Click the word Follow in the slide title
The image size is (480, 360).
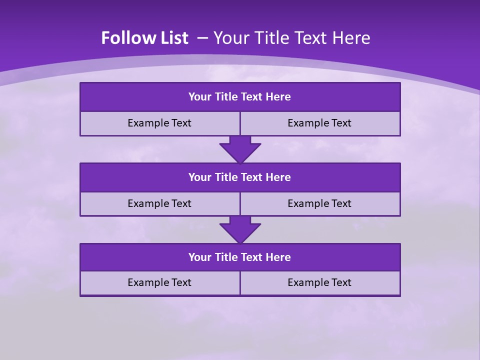click(x=125, y=38)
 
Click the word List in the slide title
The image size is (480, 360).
click(x=171, y=38)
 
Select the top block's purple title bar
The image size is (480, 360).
click(x=240, y=97)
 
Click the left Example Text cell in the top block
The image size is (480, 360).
click(x=159, y=123)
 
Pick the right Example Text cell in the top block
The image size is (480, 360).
click(x=319, y=123)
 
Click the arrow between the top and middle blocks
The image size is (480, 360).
click(x=240, y=149)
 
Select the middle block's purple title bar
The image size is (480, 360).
click(x=240, y=177)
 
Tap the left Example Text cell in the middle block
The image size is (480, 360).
click(x=159, y=203)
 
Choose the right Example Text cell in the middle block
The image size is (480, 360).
click(x=319, y=203)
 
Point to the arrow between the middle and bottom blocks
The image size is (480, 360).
click(x=240, y=229)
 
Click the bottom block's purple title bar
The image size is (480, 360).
click(x=240, y=257)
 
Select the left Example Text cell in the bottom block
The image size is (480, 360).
click(x=159, y=282)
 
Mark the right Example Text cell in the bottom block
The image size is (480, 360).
click(x=319, y=282)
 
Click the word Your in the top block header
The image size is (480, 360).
click(x=200, y=97)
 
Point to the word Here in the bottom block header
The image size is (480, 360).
click(x=278, y=257)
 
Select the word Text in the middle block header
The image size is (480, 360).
click(x=252, y=177)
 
